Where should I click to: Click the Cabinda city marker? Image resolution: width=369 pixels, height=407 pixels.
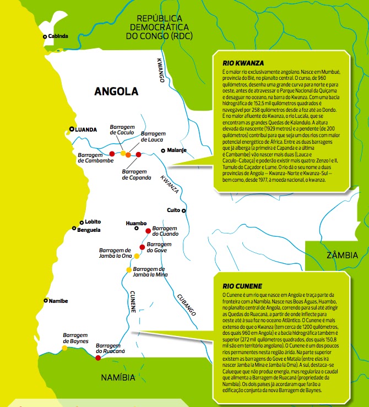[x=45, y=36]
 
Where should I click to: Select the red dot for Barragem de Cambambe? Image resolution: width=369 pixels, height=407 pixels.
[x=112, y=154]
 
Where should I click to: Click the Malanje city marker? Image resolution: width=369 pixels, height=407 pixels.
[x=163, y=150]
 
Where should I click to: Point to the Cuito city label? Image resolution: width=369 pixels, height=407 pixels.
[x=174, y=210]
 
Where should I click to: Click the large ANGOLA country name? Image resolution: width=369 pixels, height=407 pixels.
[x=116, y=91]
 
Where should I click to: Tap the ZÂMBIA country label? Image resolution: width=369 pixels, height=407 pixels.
[x=341, y=255]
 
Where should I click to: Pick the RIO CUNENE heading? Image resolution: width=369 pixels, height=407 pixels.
[x=239, y=286]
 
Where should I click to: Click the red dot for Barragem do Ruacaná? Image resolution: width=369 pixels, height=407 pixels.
[x=98, y=358]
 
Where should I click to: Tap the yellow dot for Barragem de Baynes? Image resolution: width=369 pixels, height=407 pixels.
[x=64, y=348]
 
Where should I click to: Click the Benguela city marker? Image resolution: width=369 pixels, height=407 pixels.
[x=74, y=229]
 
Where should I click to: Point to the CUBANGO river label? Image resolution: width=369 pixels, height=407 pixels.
[x=186, y=305]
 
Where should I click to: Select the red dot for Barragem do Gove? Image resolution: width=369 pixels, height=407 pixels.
[x=142, y=247]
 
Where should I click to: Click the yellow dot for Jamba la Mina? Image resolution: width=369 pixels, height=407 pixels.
[x=129, y=269]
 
